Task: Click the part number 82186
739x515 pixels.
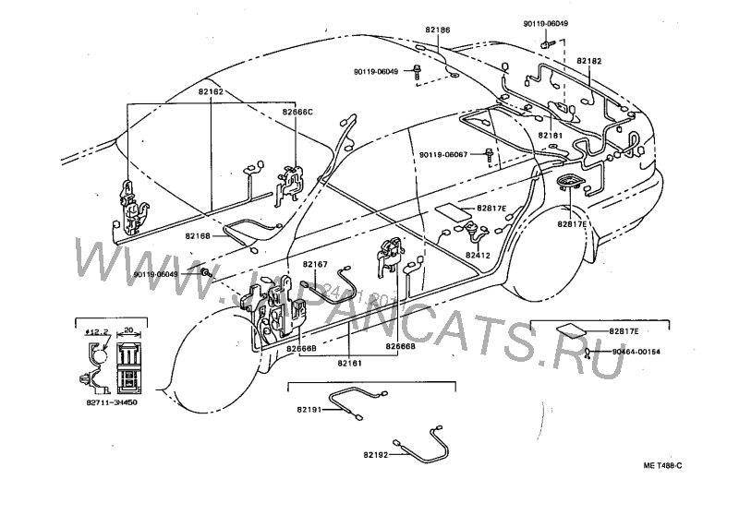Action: point(439,30)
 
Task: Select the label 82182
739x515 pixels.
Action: point(589,60)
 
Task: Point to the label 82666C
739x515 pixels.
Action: point(298,112)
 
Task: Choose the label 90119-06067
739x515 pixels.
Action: point(444,154)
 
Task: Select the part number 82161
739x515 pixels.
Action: point(349,363)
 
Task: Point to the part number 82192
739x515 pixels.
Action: point(376,454)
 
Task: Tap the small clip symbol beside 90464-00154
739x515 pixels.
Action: point(588,352)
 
